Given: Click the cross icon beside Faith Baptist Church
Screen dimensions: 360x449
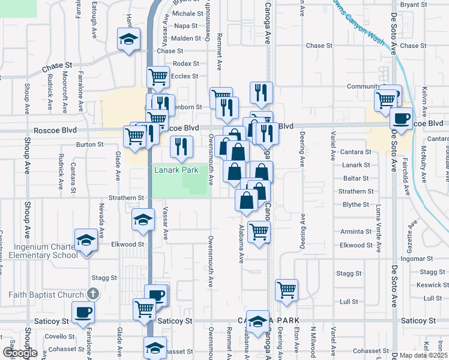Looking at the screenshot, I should pos(91,294).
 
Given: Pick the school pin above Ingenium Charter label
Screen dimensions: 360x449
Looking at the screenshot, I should pos(86,241).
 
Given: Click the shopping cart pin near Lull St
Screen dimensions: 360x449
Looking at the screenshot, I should pos(287,290).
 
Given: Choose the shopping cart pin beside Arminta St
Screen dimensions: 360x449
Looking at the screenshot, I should pos(259,231).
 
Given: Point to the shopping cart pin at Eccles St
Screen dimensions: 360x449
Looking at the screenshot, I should pos(158,77).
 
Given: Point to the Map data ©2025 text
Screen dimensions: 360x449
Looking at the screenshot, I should pos(424,355).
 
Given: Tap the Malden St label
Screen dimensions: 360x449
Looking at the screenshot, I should pos(186,38).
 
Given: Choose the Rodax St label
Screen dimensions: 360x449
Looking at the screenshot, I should pos(185,64).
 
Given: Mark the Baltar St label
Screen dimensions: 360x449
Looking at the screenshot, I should pos(357,178).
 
